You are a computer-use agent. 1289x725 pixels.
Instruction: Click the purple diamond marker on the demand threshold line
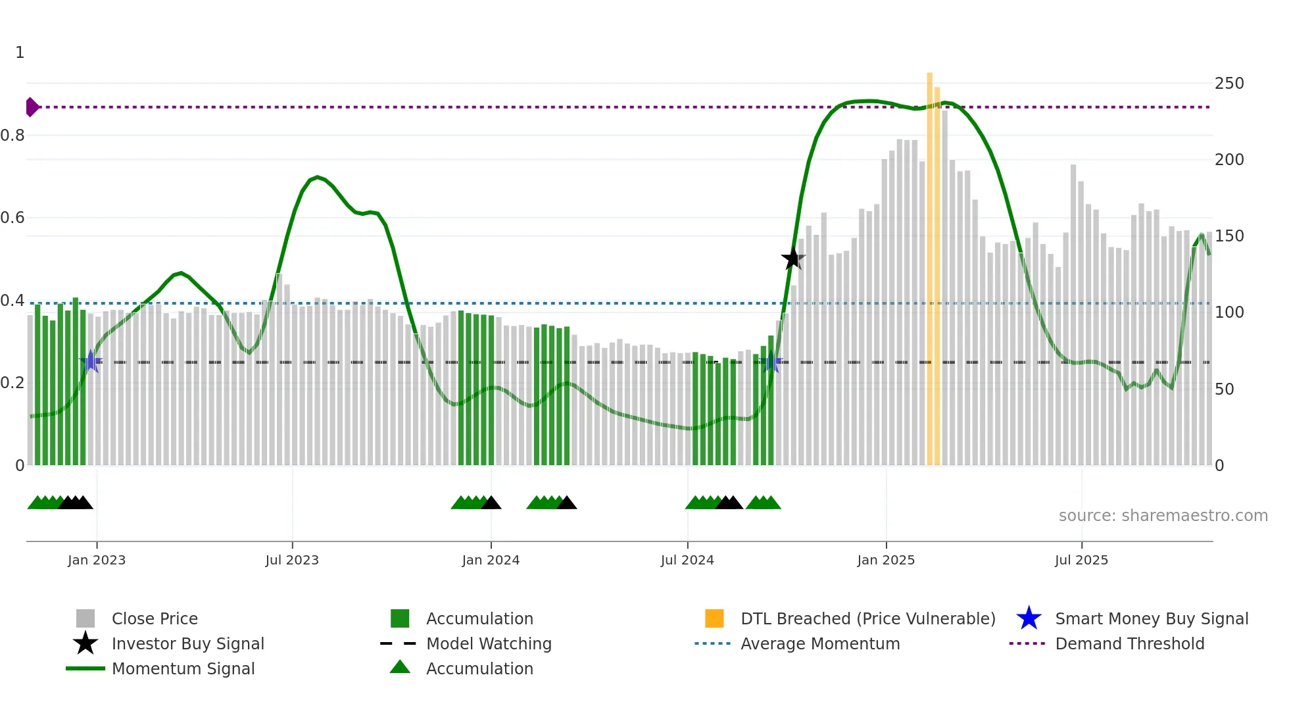(32, 107)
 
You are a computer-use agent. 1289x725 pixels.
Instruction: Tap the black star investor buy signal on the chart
(792, 259)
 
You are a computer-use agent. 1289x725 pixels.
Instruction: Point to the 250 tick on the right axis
(1228, 84)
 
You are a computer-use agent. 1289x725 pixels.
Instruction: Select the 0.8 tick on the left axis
(12, 136)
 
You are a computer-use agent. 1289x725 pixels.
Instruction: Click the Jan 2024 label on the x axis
(491, 560)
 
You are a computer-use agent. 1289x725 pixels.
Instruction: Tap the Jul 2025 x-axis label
(1081, 560)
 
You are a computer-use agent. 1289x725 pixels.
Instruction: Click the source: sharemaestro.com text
(1163, 516)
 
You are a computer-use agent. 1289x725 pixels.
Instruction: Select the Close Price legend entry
(155, 618)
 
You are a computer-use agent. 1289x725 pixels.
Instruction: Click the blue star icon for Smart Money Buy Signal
(1029, 618)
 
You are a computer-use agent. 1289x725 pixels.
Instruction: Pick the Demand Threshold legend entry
(1129, 643)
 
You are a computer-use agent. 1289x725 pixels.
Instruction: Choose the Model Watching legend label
(489, 643)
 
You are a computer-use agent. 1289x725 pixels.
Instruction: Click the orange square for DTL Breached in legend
(714, 618)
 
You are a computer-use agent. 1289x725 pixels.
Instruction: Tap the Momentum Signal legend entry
(183, 668)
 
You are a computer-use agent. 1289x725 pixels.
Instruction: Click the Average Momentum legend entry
(819, 643)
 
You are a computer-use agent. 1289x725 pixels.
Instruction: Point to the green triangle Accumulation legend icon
(400, 667)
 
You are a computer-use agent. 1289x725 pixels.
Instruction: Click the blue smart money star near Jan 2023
(91, 361)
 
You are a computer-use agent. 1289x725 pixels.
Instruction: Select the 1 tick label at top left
(20, 53)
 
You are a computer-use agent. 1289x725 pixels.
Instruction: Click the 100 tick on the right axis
(1228, 312)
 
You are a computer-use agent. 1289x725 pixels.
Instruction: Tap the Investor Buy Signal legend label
(187, 643)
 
